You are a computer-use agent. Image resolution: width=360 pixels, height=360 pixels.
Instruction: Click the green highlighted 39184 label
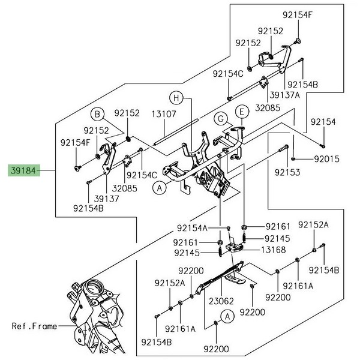[23, 170]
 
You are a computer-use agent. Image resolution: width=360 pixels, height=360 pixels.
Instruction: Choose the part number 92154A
[192, 227]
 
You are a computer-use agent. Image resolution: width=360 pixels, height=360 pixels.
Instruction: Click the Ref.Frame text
[34, 326]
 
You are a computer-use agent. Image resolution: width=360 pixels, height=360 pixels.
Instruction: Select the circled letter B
[97, 114]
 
